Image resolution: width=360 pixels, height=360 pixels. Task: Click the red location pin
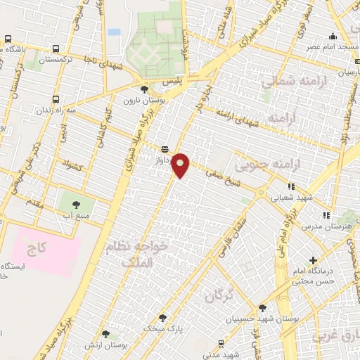tap(181, 165)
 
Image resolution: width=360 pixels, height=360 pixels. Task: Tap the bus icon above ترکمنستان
tap(56, 49)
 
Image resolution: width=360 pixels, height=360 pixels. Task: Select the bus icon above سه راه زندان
tap(56, 98)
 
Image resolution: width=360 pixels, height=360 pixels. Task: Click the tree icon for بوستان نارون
tap(145, 89)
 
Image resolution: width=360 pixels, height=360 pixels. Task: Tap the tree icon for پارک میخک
tap(163, 318)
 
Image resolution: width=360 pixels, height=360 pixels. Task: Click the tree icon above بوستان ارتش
tap(105, 334)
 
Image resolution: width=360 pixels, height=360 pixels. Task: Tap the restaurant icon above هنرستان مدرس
tap(325, 215)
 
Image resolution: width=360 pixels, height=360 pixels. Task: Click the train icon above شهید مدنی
tap(221, 343)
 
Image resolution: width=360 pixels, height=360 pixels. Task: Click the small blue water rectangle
tap(114, 32)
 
